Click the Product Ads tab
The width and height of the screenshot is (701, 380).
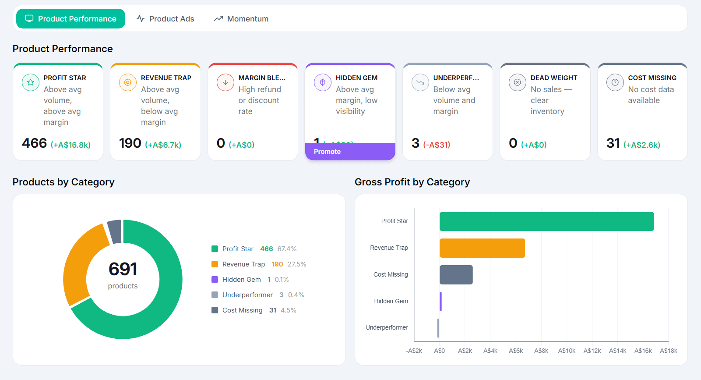[165, 19]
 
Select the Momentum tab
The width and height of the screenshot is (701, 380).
[241, 19]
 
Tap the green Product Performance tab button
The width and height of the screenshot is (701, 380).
[70, 19]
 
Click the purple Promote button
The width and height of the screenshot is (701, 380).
[350, 152]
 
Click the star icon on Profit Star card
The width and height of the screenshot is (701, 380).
[31, 82]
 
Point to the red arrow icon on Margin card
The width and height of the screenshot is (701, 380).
[225, 82]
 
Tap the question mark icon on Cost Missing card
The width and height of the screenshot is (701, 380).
[615, 82]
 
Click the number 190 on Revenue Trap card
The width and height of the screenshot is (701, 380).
[130, 143]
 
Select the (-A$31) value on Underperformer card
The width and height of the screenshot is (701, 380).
[437, 145]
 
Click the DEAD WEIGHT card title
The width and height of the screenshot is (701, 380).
[553, 78]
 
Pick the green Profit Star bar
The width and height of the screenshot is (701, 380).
[546, 221]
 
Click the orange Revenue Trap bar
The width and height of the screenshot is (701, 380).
[482, 248]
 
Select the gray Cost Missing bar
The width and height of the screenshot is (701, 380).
[456, 275]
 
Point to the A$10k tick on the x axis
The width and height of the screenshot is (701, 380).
[567, 351]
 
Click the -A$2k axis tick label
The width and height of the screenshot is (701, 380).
[414, 351]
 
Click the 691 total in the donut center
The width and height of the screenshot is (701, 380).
[123, 269]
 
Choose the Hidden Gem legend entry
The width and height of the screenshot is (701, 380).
[241, 280]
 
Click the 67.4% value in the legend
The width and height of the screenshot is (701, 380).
[287, 249]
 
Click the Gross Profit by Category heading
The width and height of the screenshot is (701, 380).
[412, 182]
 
